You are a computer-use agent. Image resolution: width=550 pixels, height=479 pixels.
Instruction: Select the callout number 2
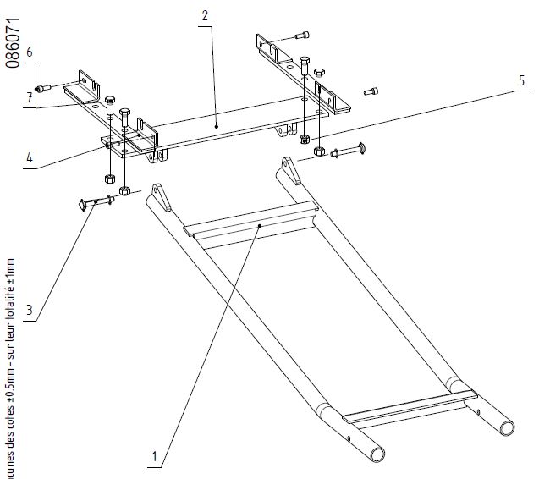point(206,15)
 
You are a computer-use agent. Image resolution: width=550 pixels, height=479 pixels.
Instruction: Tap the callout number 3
point(29,311)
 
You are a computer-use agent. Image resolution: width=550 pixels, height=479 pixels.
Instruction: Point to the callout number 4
point(29,157)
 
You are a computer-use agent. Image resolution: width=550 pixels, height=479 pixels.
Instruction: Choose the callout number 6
point(30,52)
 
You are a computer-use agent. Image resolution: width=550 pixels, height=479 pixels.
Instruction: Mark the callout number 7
point(29,98)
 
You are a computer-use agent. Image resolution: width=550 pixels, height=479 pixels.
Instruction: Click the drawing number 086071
point(13,42)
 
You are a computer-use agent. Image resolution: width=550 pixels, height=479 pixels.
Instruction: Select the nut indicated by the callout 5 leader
point(319,151)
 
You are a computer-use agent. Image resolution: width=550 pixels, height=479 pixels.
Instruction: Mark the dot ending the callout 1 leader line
point(261,227)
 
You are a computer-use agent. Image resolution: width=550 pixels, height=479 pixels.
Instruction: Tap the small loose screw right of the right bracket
point(370,91)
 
